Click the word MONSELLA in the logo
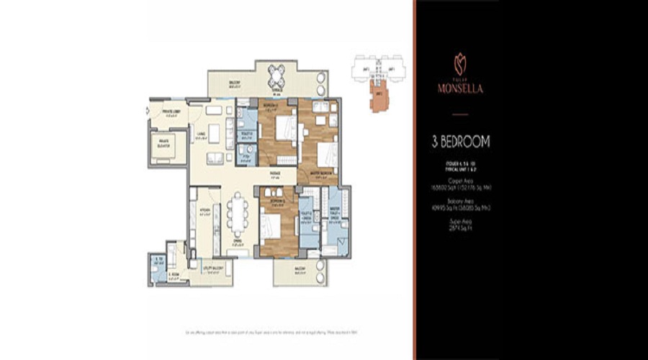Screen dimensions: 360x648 coord(459,89)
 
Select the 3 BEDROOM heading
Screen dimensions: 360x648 coord(459,142)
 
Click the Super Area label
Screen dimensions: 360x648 coord(459,222)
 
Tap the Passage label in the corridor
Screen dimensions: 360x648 coord(274,173)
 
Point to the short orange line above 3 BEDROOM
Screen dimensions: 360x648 coord(459,115)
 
